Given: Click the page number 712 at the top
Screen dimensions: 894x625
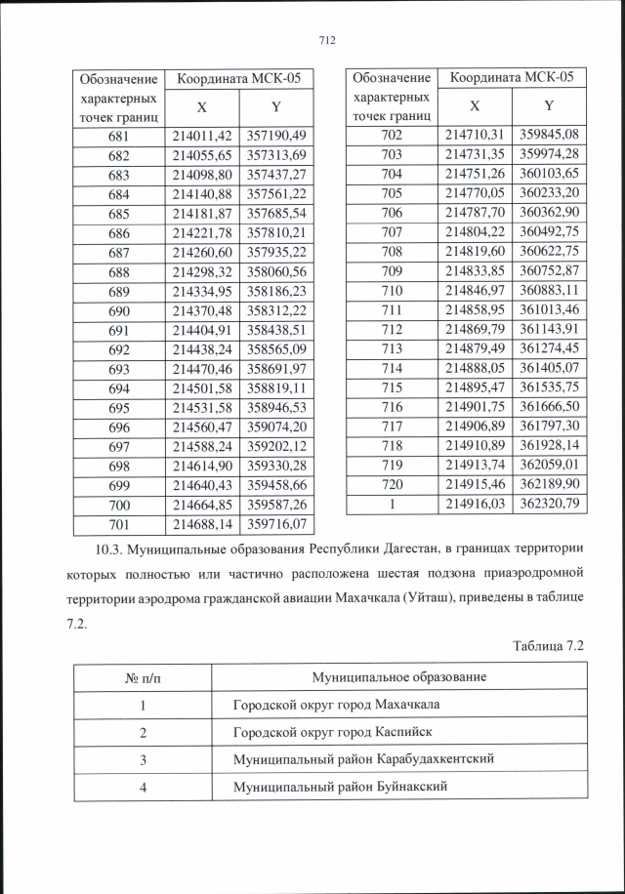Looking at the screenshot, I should (x=326, y=40).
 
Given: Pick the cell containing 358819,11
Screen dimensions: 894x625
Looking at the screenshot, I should (x=276, y=387).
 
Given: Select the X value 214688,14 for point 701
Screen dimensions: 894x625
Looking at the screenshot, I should (x=201, y=524).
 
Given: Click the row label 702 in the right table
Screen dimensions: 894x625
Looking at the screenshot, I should (x=392, y=134).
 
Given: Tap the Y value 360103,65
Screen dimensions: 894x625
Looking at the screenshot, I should (x=549, y=173).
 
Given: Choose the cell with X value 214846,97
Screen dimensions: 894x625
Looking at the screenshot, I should (x=474, y=290).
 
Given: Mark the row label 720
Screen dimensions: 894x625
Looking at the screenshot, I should (x=392, y=484).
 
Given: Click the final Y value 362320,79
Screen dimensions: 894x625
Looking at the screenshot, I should (x=549, y=504).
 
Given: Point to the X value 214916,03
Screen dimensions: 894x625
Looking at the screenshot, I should (x=474, y=504).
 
